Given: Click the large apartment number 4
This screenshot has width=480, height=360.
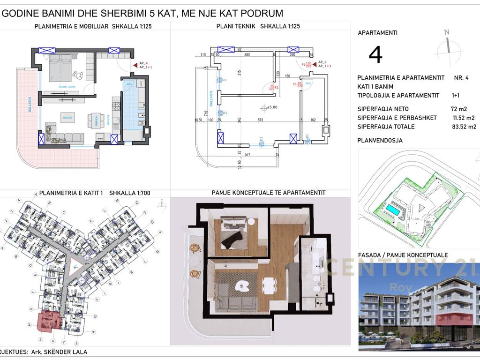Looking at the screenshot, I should pos(375,55).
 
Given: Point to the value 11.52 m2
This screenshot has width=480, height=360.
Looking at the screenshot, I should pos(463,118).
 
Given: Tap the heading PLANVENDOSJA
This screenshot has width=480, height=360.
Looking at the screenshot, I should pos(380,140).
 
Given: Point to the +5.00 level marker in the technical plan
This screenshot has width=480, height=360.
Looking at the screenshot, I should pos(270,107).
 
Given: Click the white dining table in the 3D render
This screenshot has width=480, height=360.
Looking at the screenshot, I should pos(269,285).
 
